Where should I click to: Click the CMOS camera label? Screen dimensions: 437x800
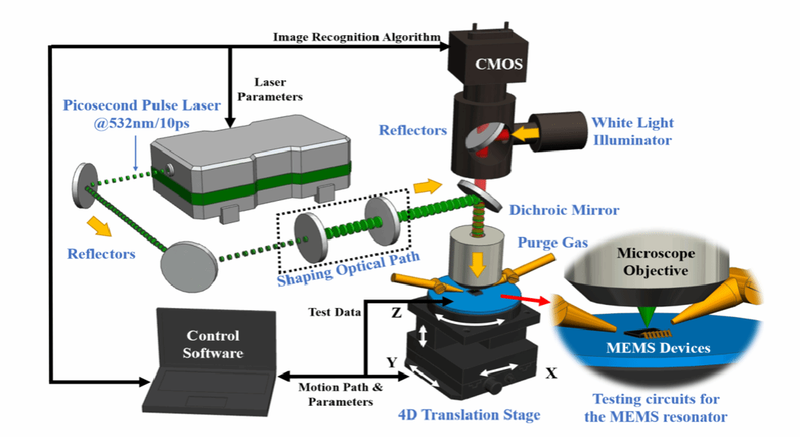tap(498, 63)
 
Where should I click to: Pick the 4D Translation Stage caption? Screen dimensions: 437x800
tap(469, 415)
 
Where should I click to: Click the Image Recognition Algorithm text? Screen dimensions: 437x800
tap(357, 37)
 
